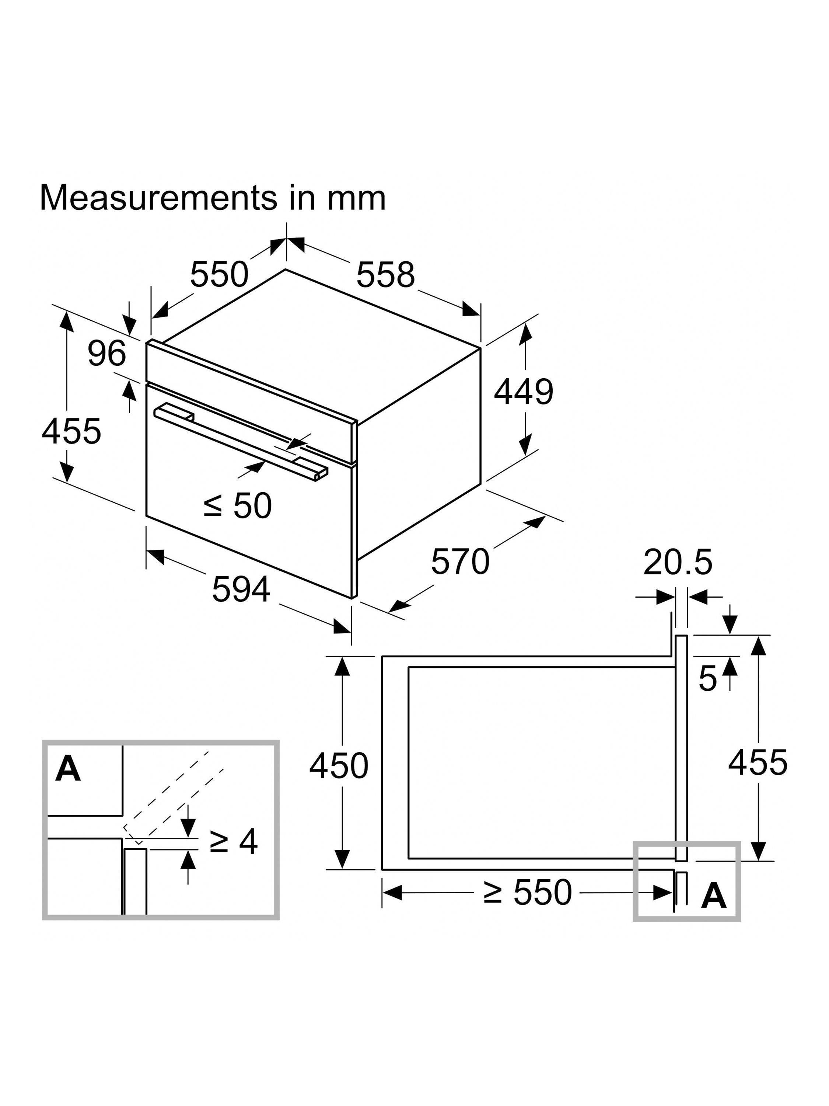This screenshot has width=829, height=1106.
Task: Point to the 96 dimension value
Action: pyautogui.click(x=106, y=354)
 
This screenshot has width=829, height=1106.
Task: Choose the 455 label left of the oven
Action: pyautogui.click(x=71, y=431)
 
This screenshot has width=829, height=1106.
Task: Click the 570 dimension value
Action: pyautogui.click(x=460, y=561)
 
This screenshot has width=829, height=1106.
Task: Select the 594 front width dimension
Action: pyautogui.click(x=241, y=589)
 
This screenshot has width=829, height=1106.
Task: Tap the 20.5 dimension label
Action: pyautogui.click(x=677, y=562)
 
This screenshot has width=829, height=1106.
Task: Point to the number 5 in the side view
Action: pyautogui.click(x=707, y=678)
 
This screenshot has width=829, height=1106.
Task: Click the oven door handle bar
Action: pyautogui.click(x=240, y=439)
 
